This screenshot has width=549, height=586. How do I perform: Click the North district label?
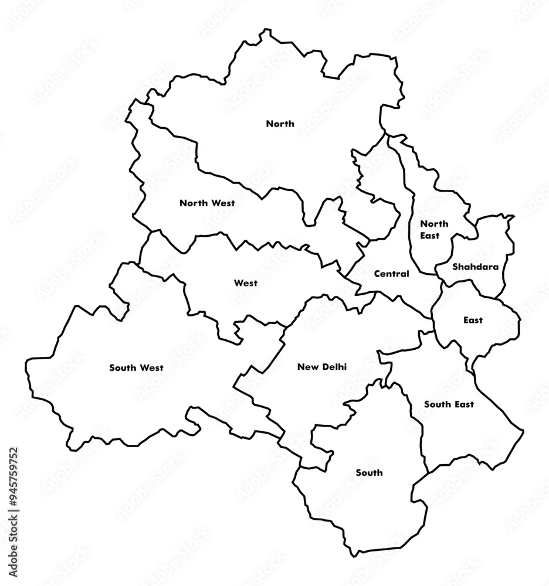pyautogui.click(x=280, y=124)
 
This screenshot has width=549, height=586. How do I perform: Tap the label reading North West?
pyautogui.click(x=207, y=203)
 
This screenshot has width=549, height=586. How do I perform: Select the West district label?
pyautogui.click(x=246, y=283)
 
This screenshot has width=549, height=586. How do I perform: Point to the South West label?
pyautogui.click(x=136, y=368)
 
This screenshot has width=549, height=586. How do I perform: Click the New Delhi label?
pyautogui.click(x=322, y=367)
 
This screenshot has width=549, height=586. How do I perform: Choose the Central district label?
pyautogui.click(x=391, y=274)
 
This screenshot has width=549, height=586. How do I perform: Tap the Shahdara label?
pyautogui.click(x=475, y=267)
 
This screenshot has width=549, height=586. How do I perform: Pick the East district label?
pyautogui.click(x=473, y=320)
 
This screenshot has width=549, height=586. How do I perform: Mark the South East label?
pyautogui.click(x=449, y=404)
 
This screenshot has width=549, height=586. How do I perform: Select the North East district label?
pyautogui.click(x=434, y=229)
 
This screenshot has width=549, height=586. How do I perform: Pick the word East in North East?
pyautogui.click(x=429, y=235)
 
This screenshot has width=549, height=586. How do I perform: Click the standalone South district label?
pyautogui.click(x=369, y=472)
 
